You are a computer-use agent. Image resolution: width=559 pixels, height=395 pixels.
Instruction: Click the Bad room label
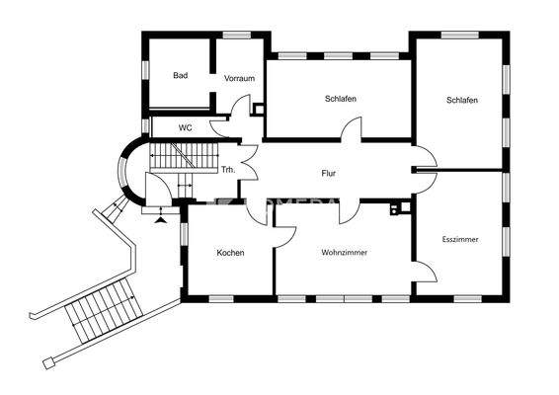pos(180,75)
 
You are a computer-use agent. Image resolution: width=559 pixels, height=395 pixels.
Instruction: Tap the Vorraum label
pos(239,78)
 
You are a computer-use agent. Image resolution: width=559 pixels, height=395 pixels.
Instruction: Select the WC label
pos(185,127)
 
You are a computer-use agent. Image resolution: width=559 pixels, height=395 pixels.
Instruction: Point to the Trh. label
pos(227,169)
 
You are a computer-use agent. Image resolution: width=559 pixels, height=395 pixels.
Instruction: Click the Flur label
pos(329,174)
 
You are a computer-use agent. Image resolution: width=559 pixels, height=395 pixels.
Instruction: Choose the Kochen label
pos(230,253)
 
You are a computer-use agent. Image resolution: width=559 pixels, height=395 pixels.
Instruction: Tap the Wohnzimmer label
pos(344,253)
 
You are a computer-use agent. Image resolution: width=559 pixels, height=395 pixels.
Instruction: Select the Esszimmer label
pos(460,238)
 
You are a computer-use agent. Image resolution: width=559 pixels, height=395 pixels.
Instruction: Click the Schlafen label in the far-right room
pos(462,100)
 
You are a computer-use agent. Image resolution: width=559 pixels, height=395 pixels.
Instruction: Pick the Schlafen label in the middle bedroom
pos(340,100)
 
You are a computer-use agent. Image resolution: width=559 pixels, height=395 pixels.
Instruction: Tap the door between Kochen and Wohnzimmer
pos(283,232)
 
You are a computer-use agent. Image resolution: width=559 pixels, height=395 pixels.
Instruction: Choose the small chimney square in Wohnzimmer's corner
pos(396,208)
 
